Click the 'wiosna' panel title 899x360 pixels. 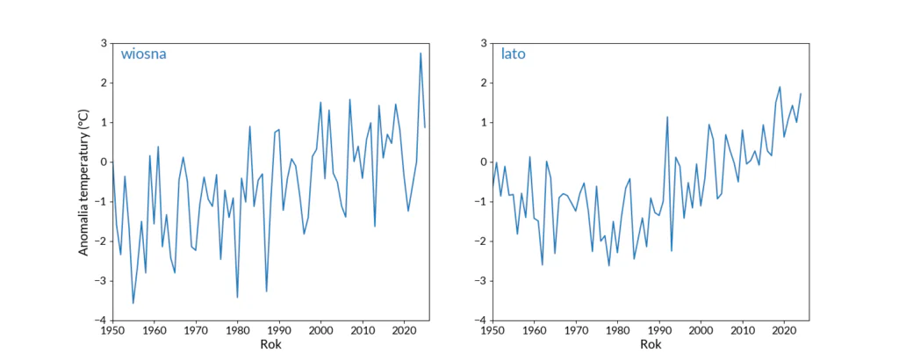click(144, 54)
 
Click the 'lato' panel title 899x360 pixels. click(514, 54)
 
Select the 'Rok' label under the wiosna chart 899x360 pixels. click(270, 344)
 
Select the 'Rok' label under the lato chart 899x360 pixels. click(651, 344)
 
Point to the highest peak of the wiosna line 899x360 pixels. click(421, 54)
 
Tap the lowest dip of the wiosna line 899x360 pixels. click(133, 303)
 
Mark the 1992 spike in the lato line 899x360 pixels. click(667, 117)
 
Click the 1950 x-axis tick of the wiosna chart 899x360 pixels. click(112, 330)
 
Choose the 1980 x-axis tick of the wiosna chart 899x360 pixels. click(237, 330)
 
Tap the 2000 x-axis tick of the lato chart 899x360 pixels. click(701, 330)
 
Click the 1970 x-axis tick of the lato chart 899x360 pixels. click(576, 330)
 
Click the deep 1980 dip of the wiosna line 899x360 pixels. click(237, 298)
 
